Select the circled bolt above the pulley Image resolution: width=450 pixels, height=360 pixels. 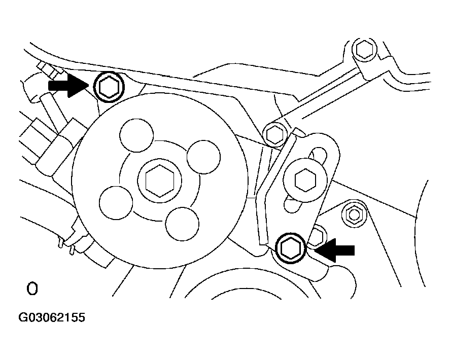tap(109, 87)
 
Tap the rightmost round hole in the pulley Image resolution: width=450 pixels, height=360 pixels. tap(204, 158)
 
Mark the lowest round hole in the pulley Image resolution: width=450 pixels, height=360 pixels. tap(182, 224)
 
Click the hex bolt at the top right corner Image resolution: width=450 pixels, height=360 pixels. tap(364, 49)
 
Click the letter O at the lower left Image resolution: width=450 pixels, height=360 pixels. tap(32, 290)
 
